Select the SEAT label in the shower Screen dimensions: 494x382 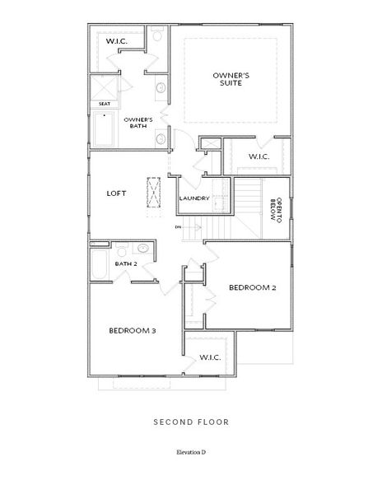click(105, 104)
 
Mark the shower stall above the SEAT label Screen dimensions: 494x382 click(105, 87)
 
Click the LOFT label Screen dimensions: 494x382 click(116, 193)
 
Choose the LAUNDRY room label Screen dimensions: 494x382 click(194, 198)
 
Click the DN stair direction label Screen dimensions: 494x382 click(177, 226)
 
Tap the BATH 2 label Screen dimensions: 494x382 click(125, 263)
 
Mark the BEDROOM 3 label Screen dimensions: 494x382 click(133, 330)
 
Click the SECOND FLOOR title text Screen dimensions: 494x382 click(190, 422)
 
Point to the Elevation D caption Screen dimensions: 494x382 click(190, 453)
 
